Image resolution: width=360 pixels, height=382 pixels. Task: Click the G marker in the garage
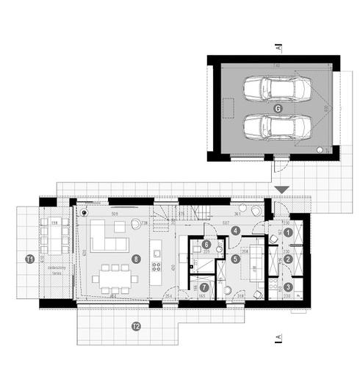278,108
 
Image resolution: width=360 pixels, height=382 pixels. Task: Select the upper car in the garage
278,90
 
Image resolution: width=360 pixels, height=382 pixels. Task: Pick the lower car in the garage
278,126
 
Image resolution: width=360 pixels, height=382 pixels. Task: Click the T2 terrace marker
135,325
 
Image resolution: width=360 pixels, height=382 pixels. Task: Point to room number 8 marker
136,259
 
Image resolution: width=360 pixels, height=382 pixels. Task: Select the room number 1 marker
289,232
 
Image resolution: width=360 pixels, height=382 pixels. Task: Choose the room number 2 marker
289,259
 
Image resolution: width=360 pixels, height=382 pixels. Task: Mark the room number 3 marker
289,286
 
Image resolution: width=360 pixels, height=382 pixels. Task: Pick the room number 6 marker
207,245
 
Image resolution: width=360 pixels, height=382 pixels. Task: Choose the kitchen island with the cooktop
156,257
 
